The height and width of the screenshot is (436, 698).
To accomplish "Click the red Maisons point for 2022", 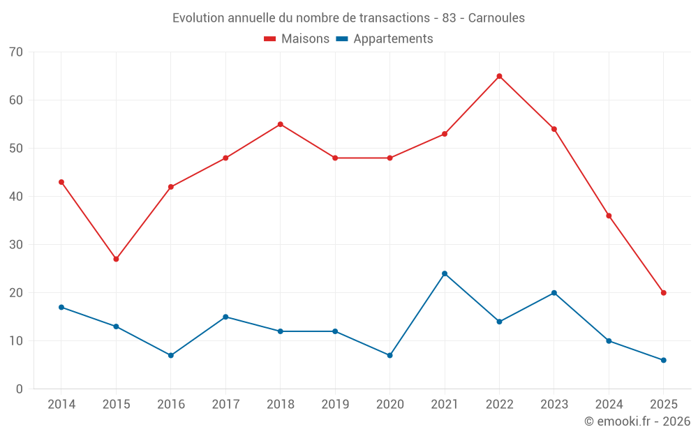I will [x=499, y=76].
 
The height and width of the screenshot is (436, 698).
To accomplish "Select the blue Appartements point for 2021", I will [x=445, y=273].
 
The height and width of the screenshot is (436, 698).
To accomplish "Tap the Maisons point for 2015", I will [x=116, y=259].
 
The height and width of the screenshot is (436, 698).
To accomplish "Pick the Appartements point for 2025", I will [x=664, y=360].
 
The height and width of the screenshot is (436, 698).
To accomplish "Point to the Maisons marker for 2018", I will [x=280, y=124].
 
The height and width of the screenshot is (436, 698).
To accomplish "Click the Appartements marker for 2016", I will [x=170, y=355].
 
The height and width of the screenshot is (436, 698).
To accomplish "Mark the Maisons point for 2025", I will [x=664, y=293].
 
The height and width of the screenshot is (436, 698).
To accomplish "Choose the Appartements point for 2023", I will [x=554, y=293].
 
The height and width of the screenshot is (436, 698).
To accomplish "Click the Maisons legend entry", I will [x=297, y=39].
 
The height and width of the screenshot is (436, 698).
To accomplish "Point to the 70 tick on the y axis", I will [x=16, y=52].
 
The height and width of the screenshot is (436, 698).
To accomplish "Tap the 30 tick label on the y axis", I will [x=16, y=245].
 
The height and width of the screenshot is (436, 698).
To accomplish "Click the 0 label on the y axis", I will [x=20, y=389].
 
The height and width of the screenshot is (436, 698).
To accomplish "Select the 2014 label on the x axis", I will [x=61, y=405].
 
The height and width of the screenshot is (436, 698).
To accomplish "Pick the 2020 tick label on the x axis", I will [x=389, y=405].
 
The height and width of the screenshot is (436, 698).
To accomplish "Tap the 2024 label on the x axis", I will [x=609, y=405].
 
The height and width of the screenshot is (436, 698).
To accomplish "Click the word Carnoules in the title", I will [x=496, y=17].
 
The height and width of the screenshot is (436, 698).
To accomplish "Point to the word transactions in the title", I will [x=394, y=17].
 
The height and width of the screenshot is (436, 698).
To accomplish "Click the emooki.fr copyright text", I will [x=637, y=421].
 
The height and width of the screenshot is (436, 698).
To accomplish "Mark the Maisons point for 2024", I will [x=609, y=216].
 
